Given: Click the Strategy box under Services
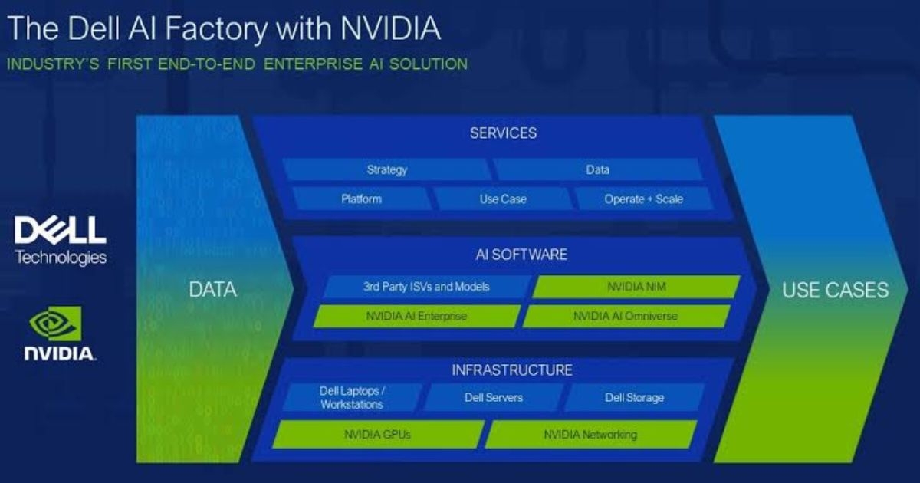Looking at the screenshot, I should click(x=386, y=169).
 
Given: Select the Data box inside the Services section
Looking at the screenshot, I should click(x=597, y=169).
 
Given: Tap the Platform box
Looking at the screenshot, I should click(x=361, y=199).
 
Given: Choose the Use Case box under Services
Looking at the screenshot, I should click(x=503, y=199).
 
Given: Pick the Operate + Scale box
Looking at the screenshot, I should click(x=643, y=199).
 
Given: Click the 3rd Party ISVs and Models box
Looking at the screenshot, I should click(x=426, y=287).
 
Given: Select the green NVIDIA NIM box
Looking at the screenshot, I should click(x=636, y=287).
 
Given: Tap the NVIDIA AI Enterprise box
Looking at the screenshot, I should click(x=416, y=316).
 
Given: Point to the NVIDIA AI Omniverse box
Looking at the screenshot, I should click(x=626, y=316).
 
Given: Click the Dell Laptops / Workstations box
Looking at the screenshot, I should click(x=352, y=397).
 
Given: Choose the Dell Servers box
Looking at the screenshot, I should click(x=494, y=397).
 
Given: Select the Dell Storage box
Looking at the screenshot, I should click(x=634, y=397).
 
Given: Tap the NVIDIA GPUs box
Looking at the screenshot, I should click(x=377, y=435).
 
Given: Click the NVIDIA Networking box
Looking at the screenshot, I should click(x=590, y=435).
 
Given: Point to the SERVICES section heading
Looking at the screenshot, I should click(x=503, y=133).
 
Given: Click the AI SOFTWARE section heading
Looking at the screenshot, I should click(x=521, y=254).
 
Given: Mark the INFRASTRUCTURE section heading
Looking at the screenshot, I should click(x=511, y=370).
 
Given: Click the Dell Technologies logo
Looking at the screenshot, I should click(x=61, y=239).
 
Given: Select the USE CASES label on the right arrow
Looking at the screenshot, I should click(x=835, y=290).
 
